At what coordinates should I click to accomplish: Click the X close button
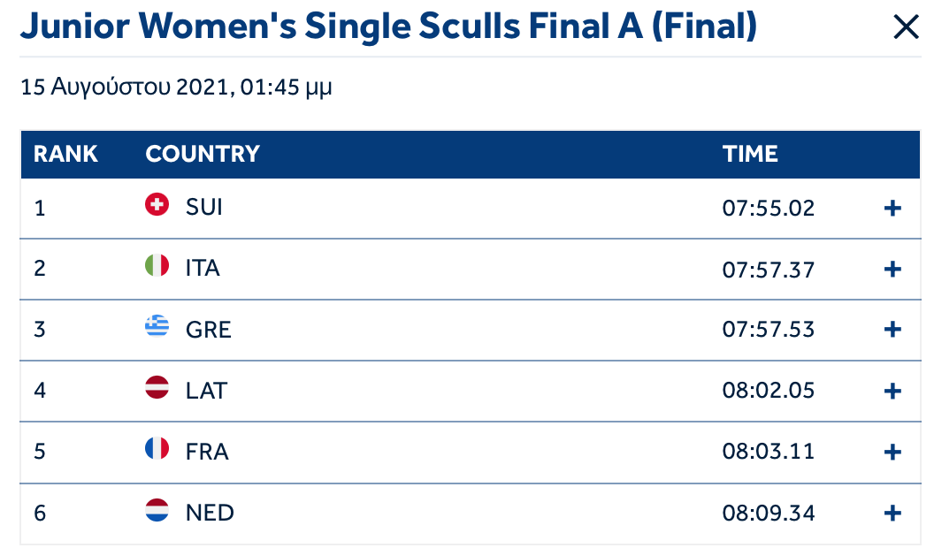[906, 27]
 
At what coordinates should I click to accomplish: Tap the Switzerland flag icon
[157, 205]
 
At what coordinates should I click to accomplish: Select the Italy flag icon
[157, 265]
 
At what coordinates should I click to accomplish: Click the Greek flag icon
[157, 326]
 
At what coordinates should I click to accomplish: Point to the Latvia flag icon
[157, 387]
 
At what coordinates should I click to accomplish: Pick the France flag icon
[157, 449]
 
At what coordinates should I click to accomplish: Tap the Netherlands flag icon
[157, 510]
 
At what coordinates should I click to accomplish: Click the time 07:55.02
[768, 209]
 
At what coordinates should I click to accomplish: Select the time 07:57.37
[768, 270]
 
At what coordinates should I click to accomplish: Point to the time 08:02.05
[768, 391]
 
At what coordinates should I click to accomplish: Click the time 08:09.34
[768, 513]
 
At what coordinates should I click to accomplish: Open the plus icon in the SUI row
[892, 209]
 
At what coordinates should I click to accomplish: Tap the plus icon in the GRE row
[892, 330]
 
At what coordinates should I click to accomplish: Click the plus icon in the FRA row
[892, 453]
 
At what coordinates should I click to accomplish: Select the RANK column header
[65, 154]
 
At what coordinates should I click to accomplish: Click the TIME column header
[750, 154]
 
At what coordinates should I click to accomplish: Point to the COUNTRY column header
[203, 154]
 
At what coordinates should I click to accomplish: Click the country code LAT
[206, 391]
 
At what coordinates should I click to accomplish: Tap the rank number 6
[39, 513]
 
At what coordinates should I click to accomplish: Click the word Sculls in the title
[469, 27]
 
